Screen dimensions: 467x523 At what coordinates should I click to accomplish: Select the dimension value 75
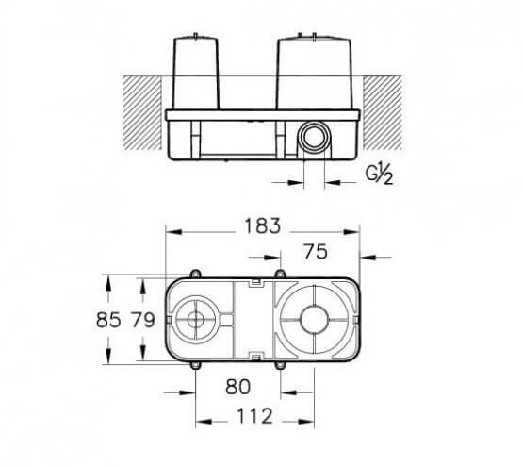[x=316, y=251]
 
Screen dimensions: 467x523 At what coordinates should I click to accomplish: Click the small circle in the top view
[x=195, y=319]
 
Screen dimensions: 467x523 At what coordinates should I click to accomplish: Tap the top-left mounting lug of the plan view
[x=195, y=275]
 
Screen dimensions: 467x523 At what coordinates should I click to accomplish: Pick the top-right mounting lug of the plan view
[x=278, y=275]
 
